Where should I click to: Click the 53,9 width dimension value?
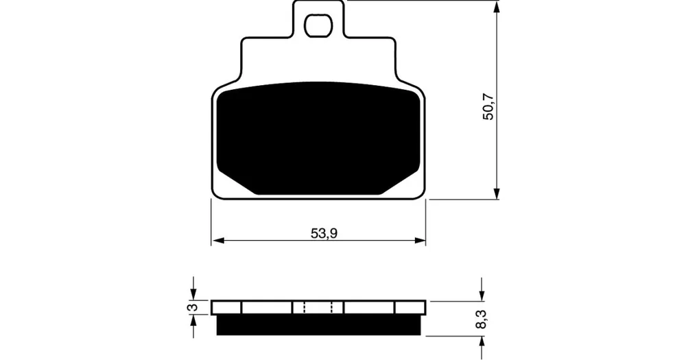(x=324, y=234)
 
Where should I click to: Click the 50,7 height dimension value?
(x=488, y=107)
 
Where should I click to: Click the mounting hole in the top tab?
(x=318, y=25)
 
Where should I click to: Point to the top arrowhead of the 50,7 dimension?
(x=496, y=6)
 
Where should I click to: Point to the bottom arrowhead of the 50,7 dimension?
(x=496, y=193)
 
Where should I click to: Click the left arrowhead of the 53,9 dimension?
(x=217, y=240)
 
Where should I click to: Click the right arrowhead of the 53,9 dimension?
(x=420, y=240)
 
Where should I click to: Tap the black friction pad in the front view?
(x=318, y=139)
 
